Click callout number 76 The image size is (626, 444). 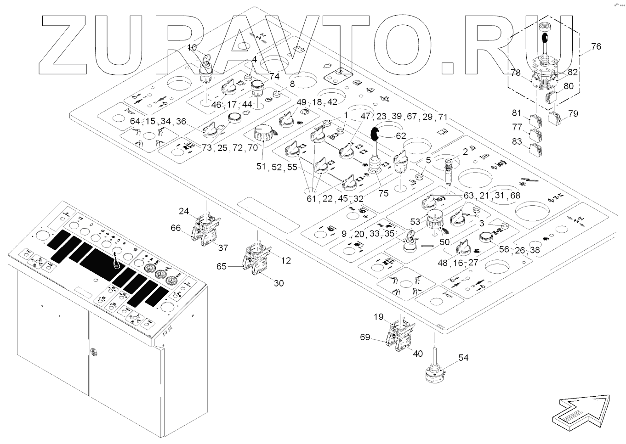coord(596,47)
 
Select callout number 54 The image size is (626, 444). coord(464,358)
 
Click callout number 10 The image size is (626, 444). coord(192,47)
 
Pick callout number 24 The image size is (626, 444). coord(184,211)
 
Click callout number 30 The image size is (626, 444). coord(279,283)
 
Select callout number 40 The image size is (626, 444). coord(418,354)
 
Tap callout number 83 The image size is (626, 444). coord(517,142)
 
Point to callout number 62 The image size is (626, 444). coord(401,136)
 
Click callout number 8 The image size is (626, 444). coord(292,84)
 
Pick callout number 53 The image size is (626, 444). coord(415,222)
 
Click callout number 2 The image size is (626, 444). coord(465,151)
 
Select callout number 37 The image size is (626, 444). coord(223,248)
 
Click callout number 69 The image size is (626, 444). coord(365,337)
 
